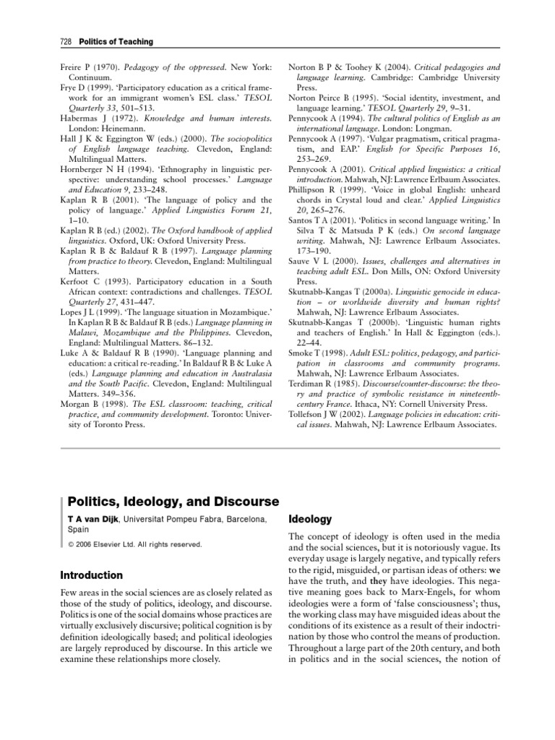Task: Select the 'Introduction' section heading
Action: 92,575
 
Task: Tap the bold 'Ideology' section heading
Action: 310,519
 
